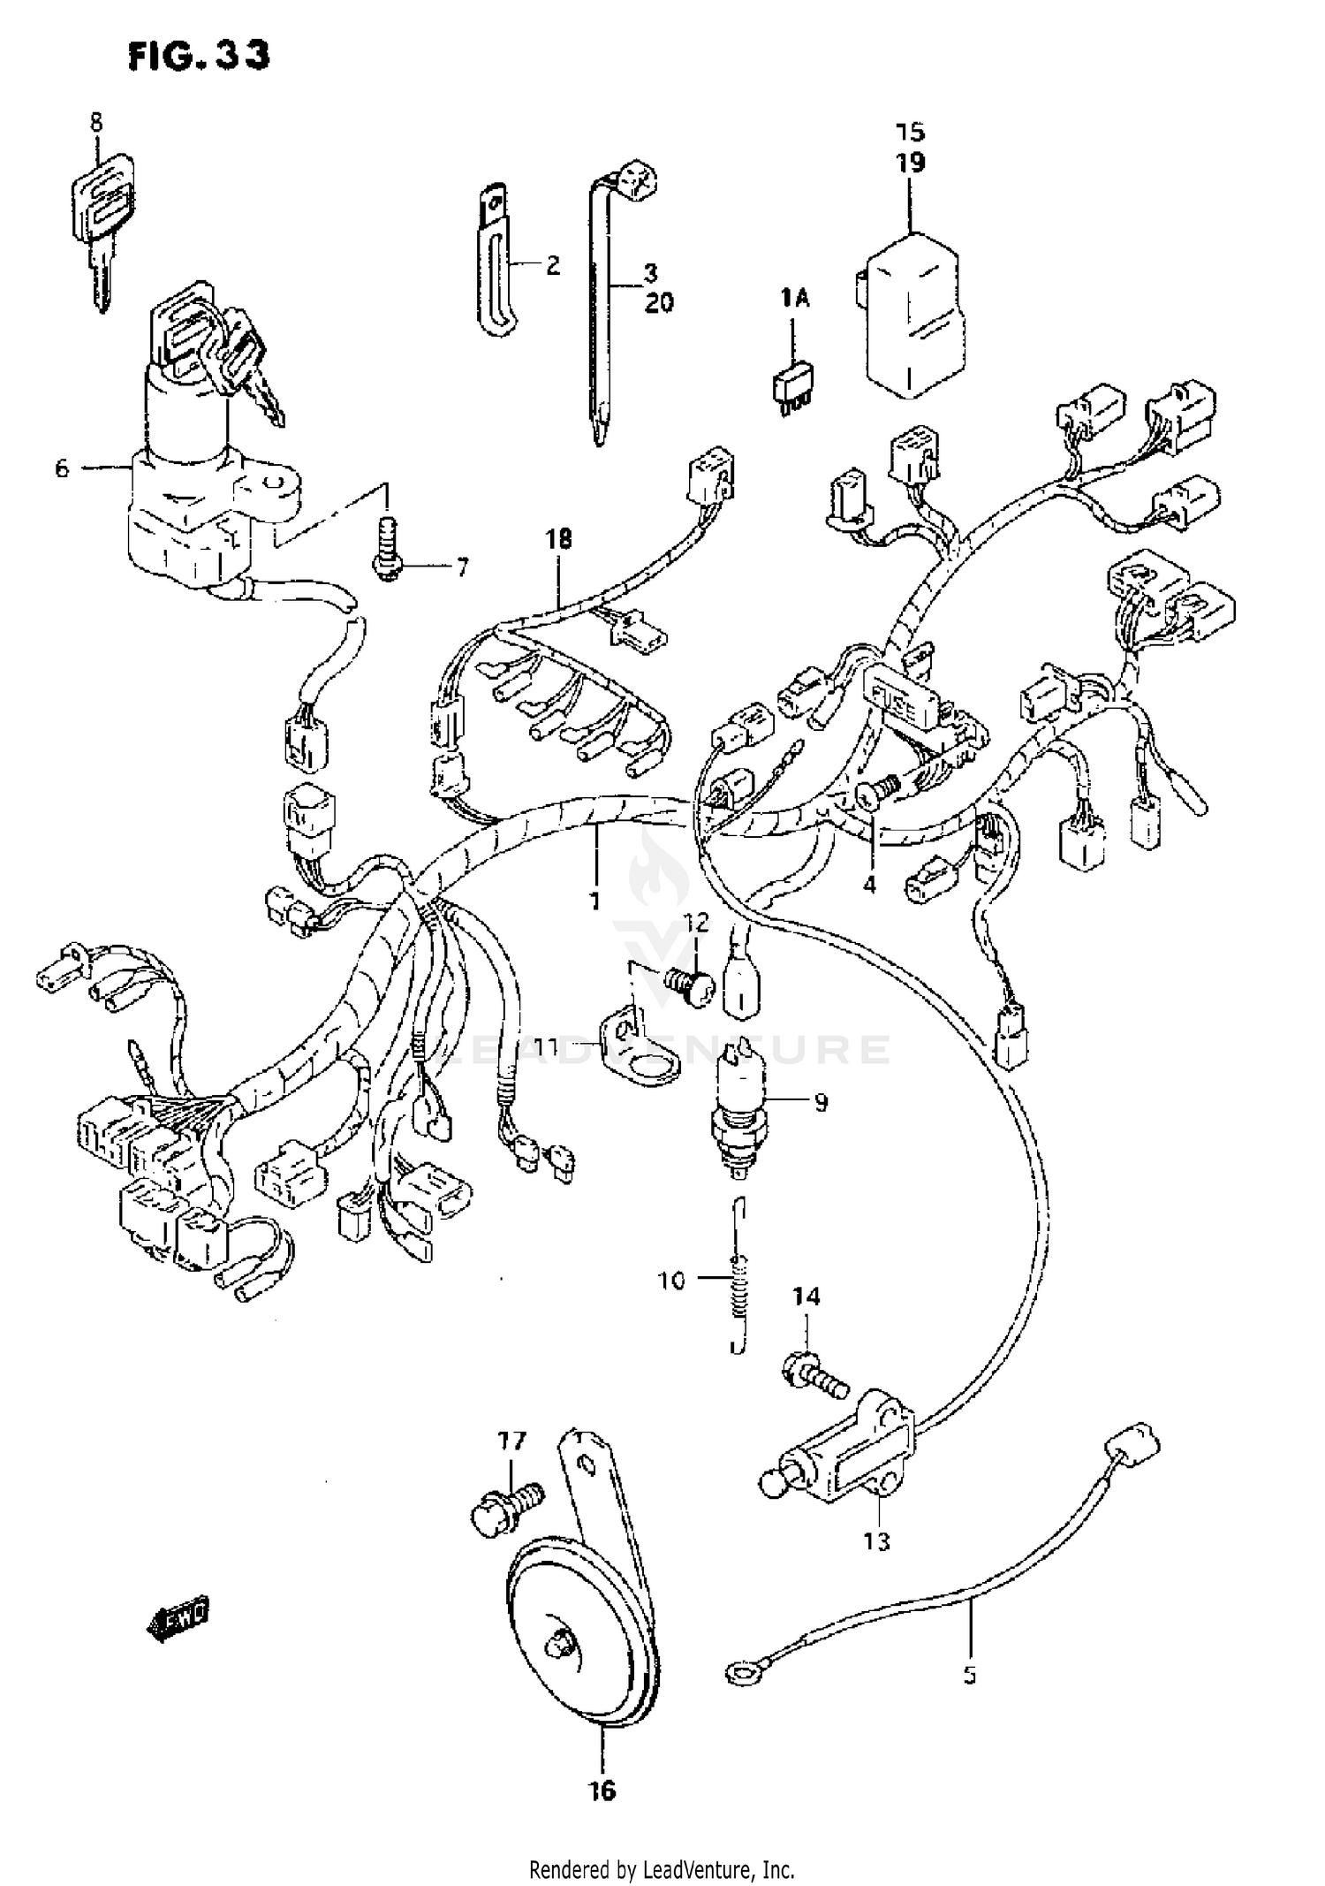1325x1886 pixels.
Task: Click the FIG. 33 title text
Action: [x=199, y=56]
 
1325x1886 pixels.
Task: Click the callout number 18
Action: [x=559, y=538]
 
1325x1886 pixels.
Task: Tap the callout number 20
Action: [x=658, y=303]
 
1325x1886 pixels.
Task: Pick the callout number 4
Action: [x=869, y=884]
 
